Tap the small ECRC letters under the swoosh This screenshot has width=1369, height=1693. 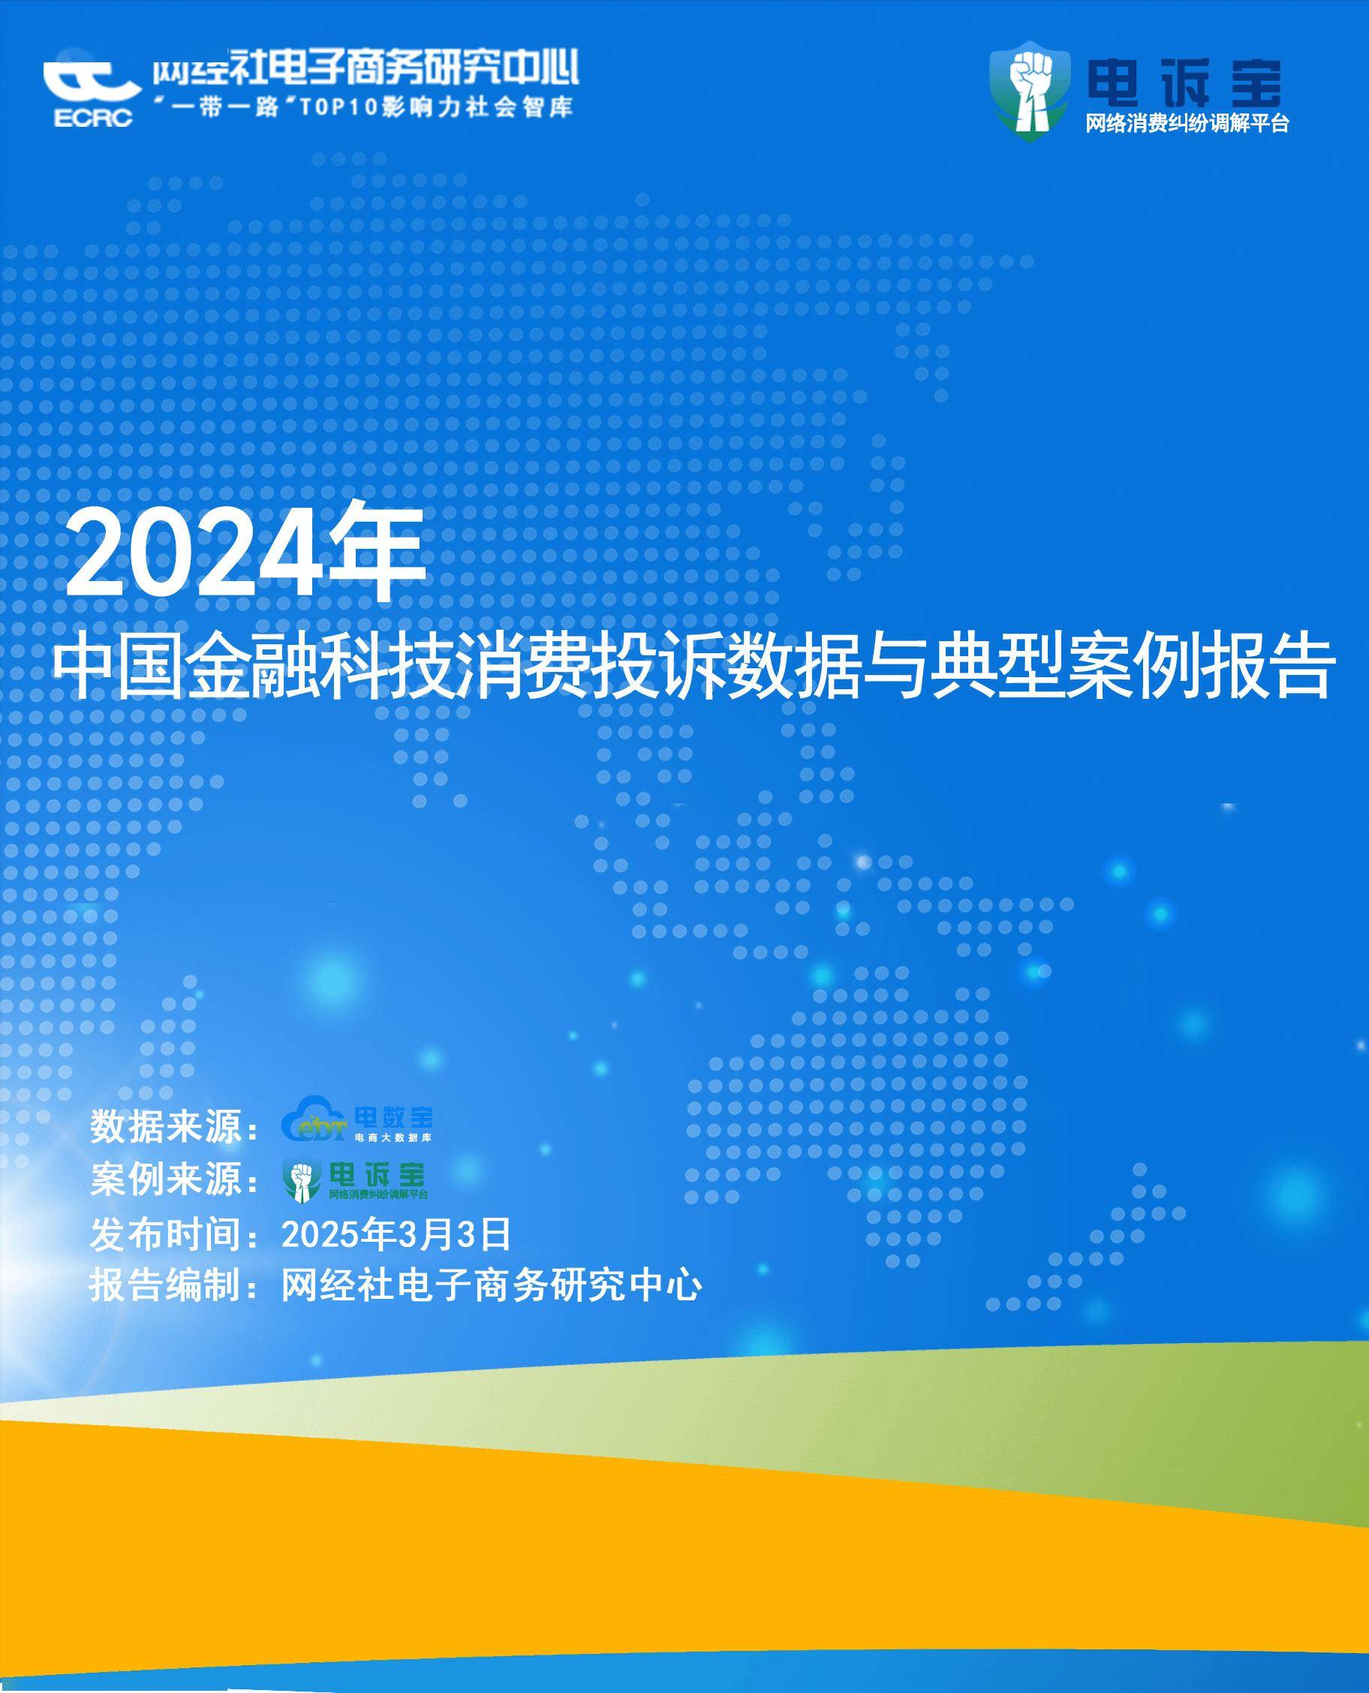coord(93,118)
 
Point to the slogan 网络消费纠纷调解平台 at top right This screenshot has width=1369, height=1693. coord(1187,123)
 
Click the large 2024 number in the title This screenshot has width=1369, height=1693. coord(194,553)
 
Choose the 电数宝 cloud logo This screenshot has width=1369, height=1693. coord(357,1119)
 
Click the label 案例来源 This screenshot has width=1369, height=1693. coord(165,1179)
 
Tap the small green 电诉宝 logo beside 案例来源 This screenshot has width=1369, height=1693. coord(355,1180)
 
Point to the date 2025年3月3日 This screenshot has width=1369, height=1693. coord(396,1234)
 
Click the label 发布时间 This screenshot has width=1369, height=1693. coord(165,1234)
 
